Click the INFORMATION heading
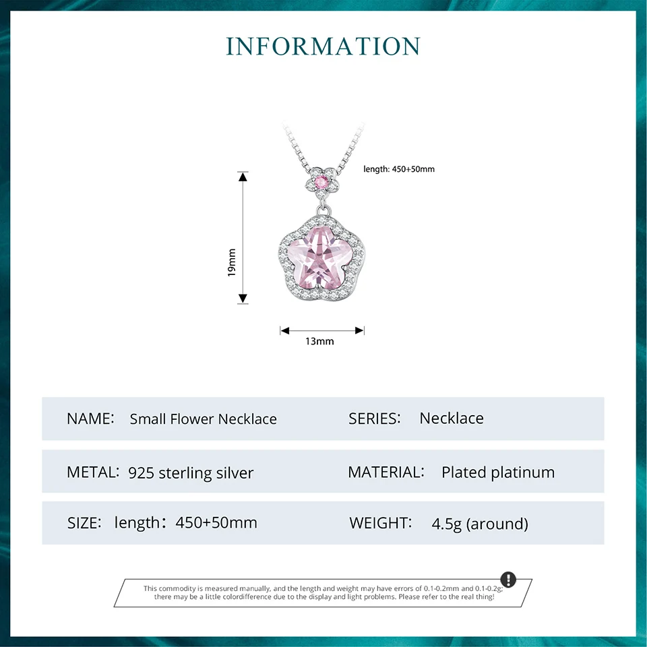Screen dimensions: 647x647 tap(323, 47)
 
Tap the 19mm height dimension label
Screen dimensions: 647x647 tap(232, 262)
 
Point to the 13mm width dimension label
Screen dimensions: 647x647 tap(319, 341)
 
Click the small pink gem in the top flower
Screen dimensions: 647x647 tap(321, 181)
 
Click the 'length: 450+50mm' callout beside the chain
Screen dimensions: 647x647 tap(398, 169)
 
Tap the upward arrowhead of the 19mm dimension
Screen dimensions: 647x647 tap(243, 177)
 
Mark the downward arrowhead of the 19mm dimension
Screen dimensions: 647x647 tap(243, 299)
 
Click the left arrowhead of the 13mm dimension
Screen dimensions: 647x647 tap(285, 330)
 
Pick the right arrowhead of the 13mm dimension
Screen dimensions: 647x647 tap(359, 330)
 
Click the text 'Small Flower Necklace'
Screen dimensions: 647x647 tap(204, 419)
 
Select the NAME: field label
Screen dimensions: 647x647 tap(90, 419)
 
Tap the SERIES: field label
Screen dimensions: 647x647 tap(375, 419)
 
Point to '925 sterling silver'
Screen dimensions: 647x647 tap(191, 473)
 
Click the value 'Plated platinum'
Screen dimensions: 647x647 tap(498, 472)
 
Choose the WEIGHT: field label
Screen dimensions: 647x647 tap(380, 523)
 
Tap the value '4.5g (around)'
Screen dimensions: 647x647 tap(480, 524)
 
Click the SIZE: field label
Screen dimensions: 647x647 tap(84, 523)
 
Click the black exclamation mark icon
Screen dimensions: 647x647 tap(508, 580)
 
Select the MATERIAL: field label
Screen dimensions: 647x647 tap(386, 472)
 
